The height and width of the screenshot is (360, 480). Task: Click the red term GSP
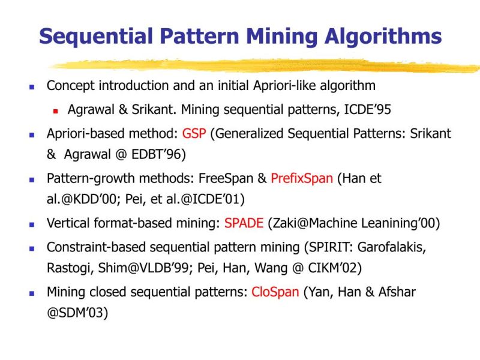coord(194,133)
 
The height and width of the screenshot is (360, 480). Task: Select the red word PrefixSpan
coord(301,178)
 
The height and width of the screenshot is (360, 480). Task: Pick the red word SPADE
coord(244,224)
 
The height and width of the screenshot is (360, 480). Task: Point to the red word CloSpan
coord(275,292)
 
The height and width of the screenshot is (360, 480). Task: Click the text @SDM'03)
coord(77,314)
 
